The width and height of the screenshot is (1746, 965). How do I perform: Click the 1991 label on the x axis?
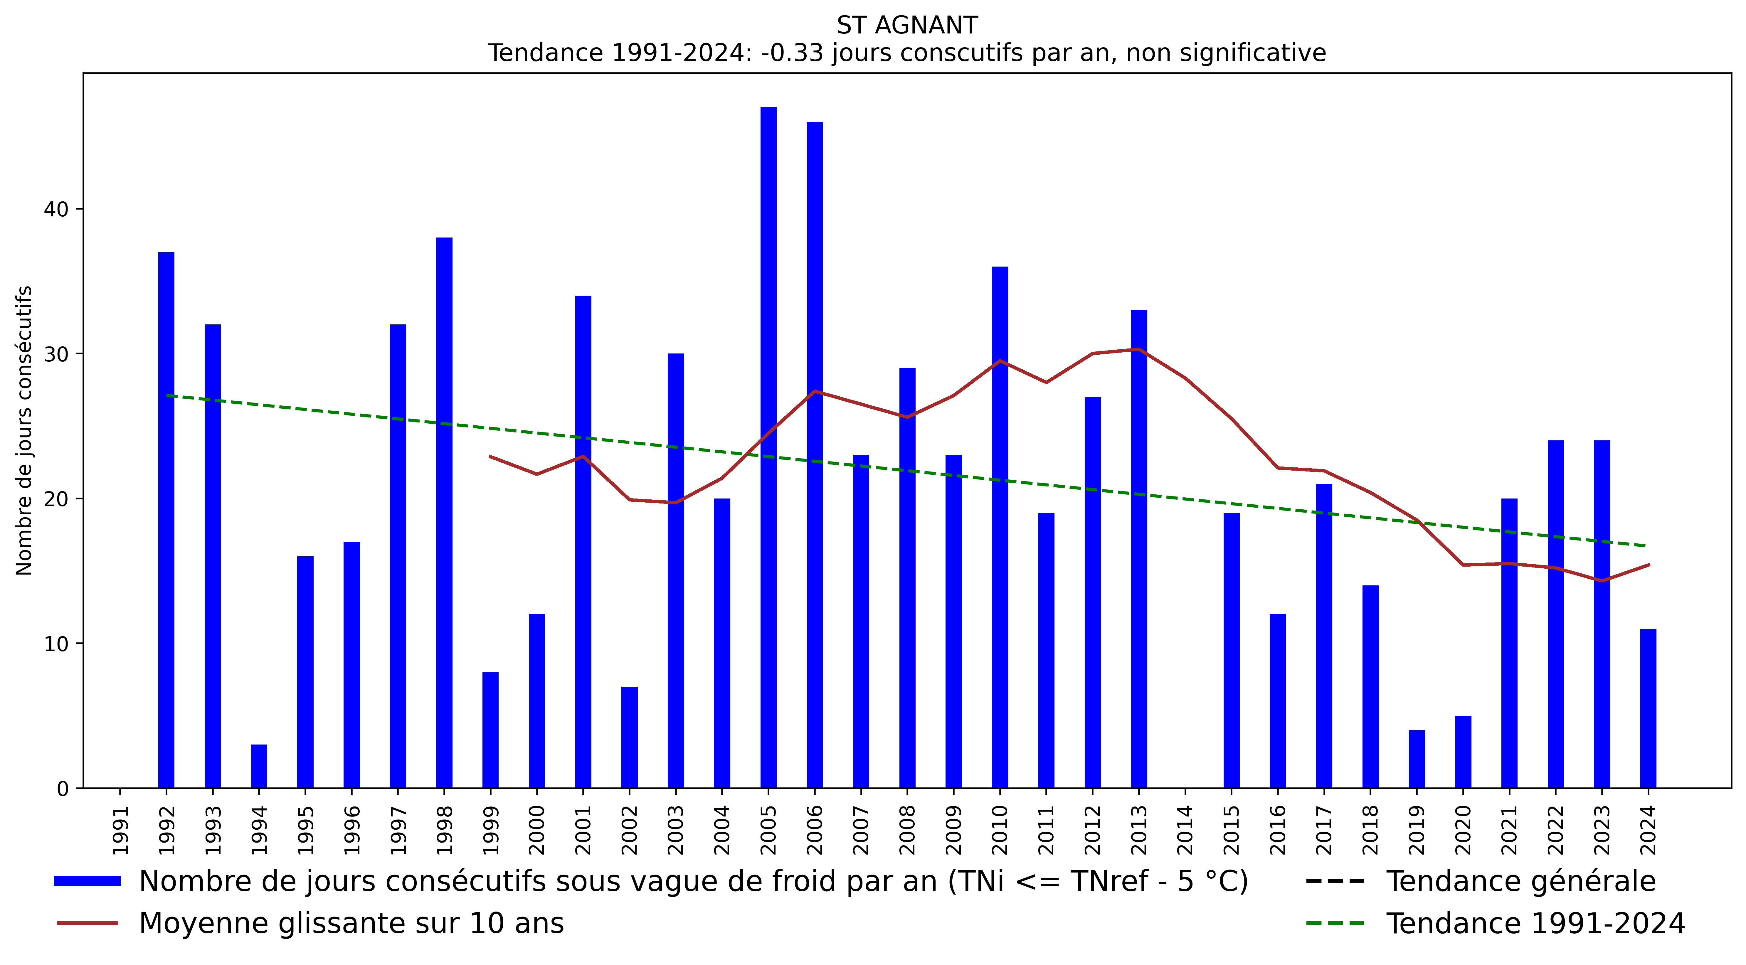tap(120, 830)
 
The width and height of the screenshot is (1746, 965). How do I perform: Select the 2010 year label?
tap(1000, 830)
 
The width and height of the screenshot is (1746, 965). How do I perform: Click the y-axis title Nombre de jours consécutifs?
tap(24, 430)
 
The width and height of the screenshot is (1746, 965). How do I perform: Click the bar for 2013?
tap(1139, 549)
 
